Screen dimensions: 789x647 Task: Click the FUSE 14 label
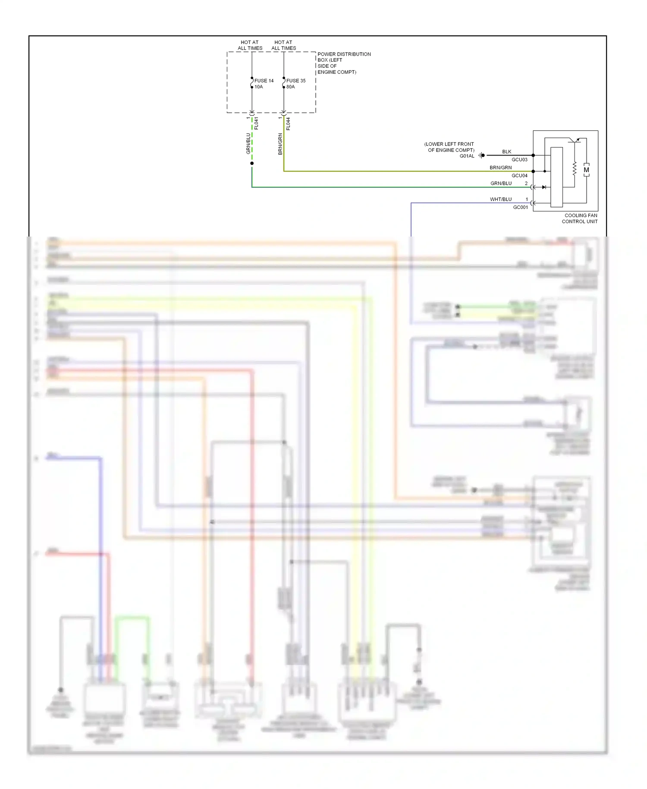tap(264, 81)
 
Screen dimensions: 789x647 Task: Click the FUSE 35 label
tap(295, 81)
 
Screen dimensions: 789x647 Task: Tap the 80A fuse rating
tap(290, 87)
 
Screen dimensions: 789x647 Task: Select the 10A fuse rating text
tap(258, 87)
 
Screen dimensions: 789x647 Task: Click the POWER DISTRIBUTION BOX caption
tap(343, 63)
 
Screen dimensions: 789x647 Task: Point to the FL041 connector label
tap(256, 123)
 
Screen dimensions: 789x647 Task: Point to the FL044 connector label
tap(288, 123)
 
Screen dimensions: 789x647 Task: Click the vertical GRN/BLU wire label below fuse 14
tap(248, 143)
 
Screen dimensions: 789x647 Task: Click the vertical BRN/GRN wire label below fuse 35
tap(280, 144)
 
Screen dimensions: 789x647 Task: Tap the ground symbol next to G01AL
tap(481, 155)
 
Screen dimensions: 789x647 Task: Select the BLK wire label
tap(506, 151)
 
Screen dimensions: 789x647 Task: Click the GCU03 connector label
tap(519, 160)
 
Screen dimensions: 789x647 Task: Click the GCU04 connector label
tap(519, 176)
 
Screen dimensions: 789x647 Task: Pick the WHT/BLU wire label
tap(500, 199)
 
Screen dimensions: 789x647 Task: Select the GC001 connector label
tap(520, 207)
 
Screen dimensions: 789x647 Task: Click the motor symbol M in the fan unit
tap(586, 170)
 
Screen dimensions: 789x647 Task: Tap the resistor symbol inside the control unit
tap(574, 169)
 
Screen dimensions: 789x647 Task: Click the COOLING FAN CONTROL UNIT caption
tap(580, 218)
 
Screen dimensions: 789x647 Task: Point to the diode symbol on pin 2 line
tap(544, 187)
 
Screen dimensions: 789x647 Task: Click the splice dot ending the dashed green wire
tap(252, 163)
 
